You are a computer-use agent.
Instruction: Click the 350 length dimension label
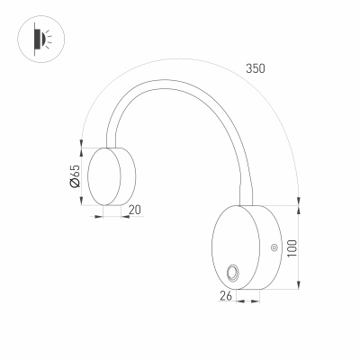[255, 68]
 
